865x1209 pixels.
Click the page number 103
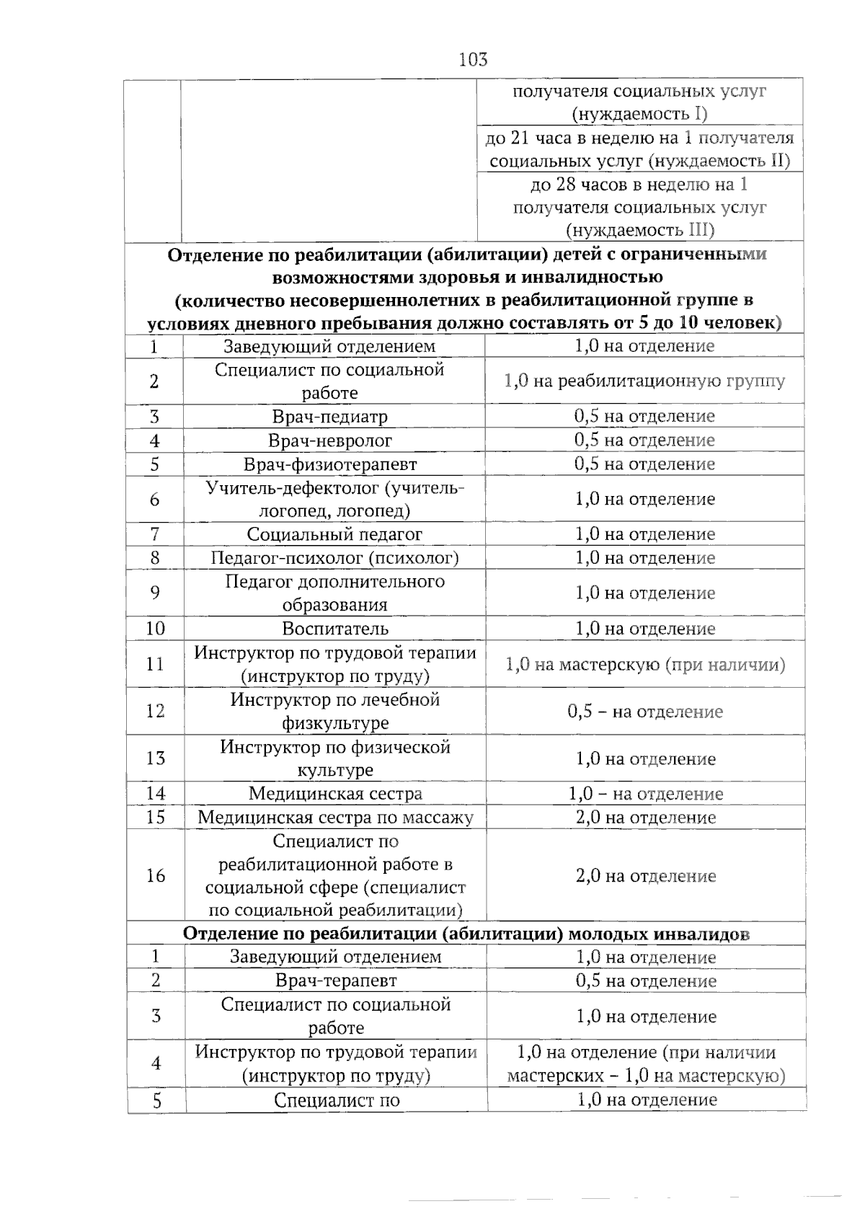point(473,59)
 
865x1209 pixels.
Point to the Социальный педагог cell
point(334,534)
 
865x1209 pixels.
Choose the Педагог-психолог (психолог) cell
point(334,558)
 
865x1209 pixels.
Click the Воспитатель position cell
point(335,628)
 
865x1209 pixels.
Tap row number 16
point(156,875)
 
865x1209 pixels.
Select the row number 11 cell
point(155,663)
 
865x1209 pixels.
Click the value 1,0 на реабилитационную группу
point(644,381)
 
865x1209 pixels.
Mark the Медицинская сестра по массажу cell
point(335,818)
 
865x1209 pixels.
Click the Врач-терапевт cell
point(336,980)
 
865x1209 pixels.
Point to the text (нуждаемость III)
point(640,230)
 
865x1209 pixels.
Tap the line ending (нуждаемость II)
point(640,161)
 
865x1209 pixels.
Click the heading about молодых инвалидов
point(466,934)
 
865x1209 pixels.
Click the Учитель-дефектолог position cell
point(334,499)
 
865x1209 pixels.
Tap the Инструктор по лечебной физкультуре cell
point(335,711)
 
